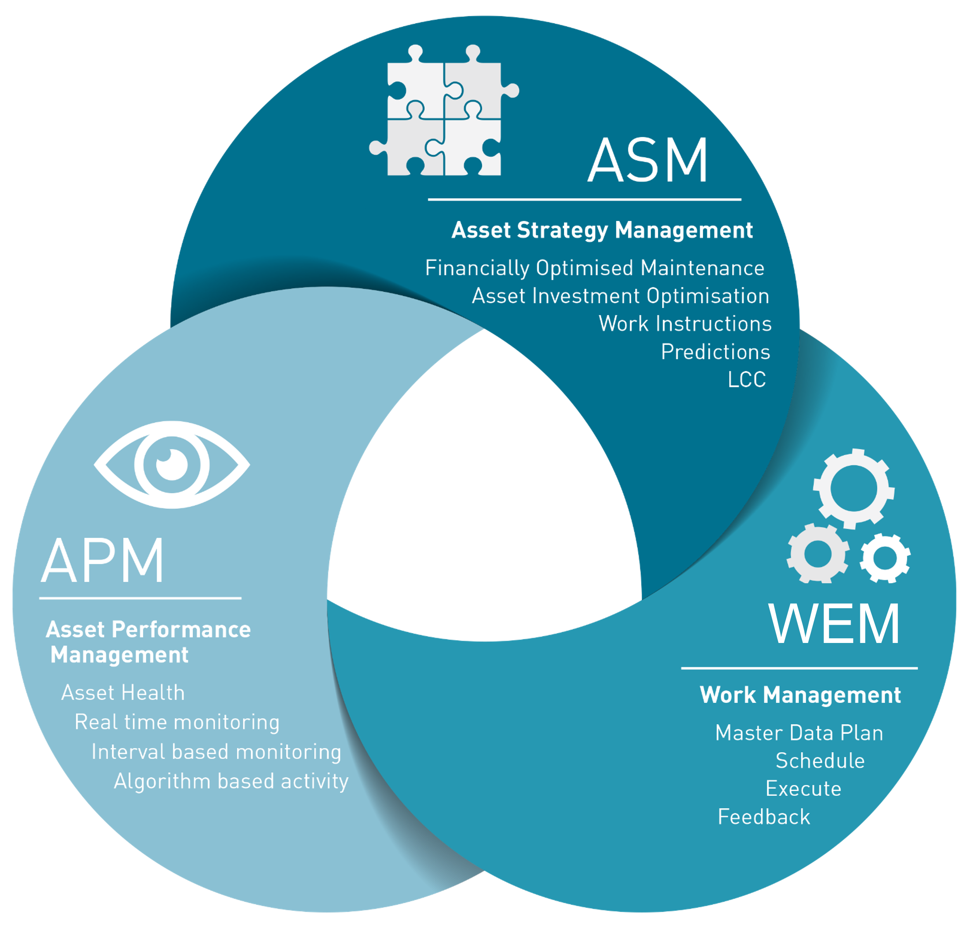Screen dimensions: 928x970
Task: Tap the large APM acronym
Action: [x=102, y=561]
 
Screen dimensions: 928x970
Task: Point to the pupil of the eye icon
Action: [x=172, y=465]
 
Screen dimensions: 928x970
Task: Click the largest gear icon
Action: [x=853, y=488]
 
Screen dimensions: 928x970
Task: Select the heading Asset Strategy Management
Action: [x=602, y=230]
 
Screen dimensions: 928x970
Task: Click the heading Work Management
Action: [x=800, y=695]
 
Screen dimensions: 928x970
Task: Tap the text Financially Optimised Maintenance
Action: [x=595, y=268]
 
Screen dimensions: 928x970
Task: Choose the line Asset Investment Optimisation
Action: [x=620, y=296]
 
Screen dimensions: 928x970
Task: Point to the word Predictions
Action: [x=715, y=352]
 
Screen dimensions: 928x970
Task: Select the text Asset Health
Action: [x=123, y=693]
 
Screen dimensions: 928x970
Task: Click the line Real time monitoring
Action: [x=176, y=722]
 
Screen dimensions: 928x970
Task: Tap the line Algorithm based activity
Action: [x=231, y=781]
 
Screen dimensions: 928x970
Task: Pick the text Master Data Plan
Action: [x=799, y=733]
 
